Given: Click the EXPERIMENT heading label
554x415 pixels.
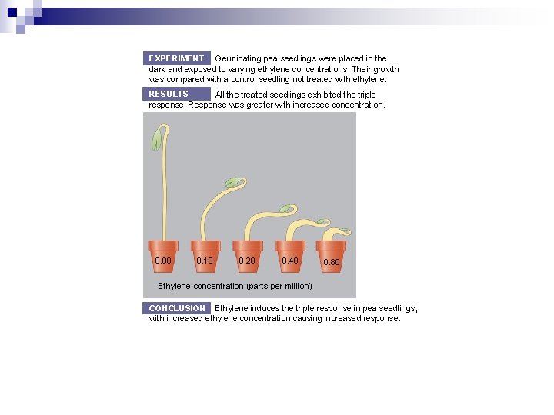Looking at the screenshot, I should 176,58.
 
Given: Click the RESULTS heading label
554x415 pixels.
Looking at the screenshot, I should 169,94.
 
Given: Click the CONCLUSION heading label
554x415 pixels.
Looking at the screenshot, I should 177,308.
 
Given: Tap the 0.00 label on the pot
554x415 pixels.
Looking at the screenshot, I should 163,261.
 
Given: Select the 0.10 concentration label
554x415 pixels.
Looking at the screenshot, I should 205,261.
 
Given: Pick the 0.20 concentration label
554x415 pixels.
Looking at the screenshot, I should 247,261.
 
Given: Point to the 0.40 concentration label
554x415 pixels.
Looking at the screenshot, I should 290,261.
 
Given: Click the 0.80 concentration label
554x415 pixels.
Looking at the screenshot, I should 331,262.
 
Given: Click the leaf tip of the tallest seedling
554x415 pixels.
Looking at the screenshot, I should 157,139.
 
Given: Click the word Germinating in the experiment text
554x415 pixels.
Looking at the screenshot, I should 238,58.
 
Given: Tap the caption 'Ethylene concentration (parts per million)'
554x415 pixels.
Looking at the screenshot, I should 235,286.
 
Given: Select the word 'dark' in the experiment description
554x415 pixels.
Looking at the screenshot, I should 157,69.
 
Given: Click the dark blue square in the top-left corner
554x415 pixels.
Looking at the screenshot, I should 12,12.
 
